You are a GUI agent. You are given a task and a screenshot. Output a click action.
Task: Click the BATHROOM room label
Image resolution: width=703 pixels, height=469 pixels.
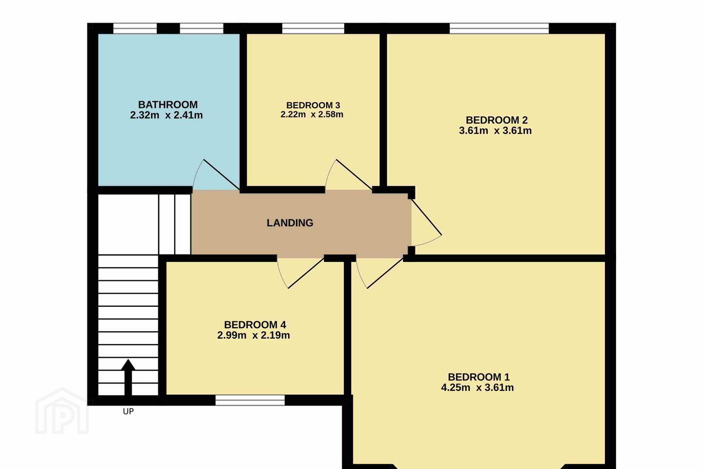[x=168, y=105]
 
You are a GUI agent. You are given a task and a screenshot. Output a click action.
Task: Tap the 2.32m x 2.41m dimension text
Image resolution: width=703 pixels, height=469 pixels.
[x=166, y=115]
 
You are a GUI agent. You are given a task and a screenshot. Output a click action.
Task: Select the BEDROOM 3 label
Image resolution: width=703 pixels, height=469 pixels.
[x=313, y=105]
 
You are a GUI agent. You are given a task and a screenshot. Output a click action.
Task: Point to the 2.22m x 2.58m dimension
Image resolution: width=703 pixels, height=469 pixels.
[x=312, y=114]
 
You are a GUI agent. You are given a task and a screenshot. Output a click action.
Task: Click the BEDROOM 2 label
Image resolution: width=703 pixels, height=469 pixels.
[x=496, y=120]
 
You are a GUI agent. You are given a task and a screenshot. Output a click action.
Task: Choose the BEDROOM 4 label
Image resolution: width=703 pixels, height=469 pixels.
[x=255, y=324]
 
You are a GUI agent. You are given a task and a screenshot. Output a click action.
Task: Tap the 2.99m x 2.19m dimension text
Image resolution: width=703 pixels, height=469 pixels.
[x=253, y=336]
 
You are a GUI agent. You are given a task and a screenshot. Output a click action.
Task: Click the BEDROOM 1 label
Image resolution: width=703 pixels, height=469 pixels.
[x=478, y=377]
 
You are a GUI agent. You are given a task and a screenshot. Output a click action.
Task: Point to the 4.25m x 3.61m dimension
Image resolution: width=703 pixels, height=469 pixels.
[x=477, y=387]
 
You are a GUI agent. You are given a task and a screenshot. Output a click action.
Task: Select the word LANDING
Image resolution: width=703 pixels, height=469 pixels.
[x=290, y=223]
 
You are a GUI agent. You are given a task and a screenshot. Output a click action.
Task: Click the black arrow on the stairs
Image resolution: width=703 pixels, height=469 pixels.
[x=128, y=377]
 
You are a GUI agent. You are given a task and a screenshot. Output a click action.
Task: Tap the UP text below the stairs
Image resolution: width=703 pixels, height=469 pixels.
[x=128, y=411]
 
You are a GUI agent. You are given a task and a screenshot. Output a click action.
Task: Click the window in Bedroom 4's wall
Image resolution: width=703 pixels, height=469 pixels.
[x=250, y=400]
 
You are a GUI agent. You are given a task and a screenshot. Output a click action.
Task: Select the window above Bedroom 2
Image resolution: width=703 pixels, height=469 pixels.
[x=499, y=28]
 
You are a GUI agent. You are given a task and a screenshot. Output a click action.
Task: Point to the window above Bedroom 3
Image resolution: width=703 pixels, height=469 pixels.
[x=313, y=28]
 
